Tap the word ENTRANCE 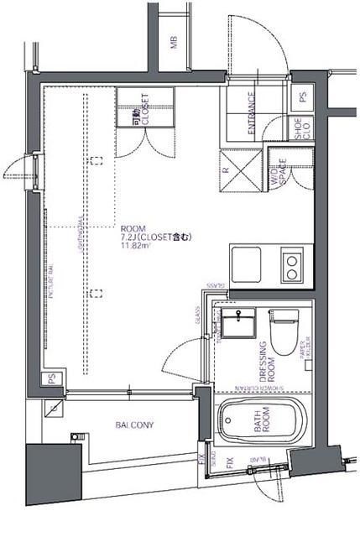(x=252, y=117)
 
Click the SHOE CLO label (x=299, y=128)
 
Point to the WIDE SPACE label (x=278, y=172)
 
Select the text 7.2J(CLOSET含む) (x=156, y=237)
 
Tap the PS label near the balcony (x=52, y=379)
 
